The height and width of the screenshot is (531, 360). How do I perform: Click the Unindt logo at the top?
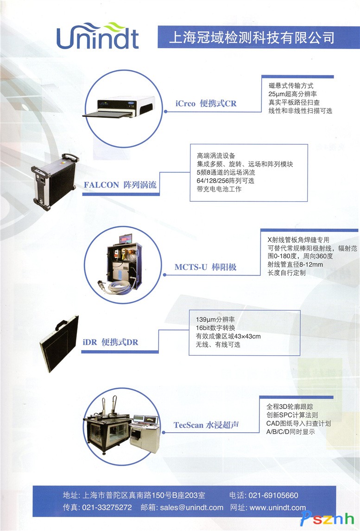pos(98,36)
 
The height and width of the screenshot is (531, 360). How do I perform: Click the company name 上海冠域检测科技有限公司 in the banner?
pos(252,37)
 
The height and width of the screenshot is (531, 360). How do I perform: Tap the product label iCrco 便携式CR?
pos(206,103)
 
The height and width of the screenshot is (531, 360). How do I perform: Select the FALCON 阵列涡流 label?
pos(120,185)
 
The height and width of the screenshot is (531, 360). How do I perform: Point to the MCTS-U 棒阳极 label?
pos(205,267)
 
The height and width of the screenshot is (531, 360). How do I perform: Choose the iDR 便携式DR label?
pos(110,342)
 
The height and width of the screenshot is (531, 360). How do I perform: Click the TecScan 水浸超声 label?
pos(206,425)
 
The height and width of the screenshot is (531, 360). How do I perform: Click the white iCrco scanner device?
pos(119,107)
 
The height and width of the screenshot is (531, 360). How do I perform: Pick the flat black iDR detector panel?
pos(59,343)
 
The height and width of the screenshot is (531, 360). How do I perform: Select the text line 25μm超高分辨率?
pos(293,94)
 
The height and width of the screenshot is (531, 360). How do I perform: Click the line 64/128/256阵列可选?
pos(225,180)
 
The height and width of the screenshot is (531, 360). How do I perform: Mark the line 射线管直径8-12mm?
pos(295,264)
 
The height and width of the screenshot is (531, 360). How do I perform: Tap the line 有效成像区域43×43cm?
pos(228,336)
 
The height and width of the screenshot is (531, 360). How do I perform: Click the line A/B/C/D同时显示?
pos(291,432)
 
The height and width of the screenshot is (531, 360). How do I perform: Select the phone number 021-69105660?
pos(273,495)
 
